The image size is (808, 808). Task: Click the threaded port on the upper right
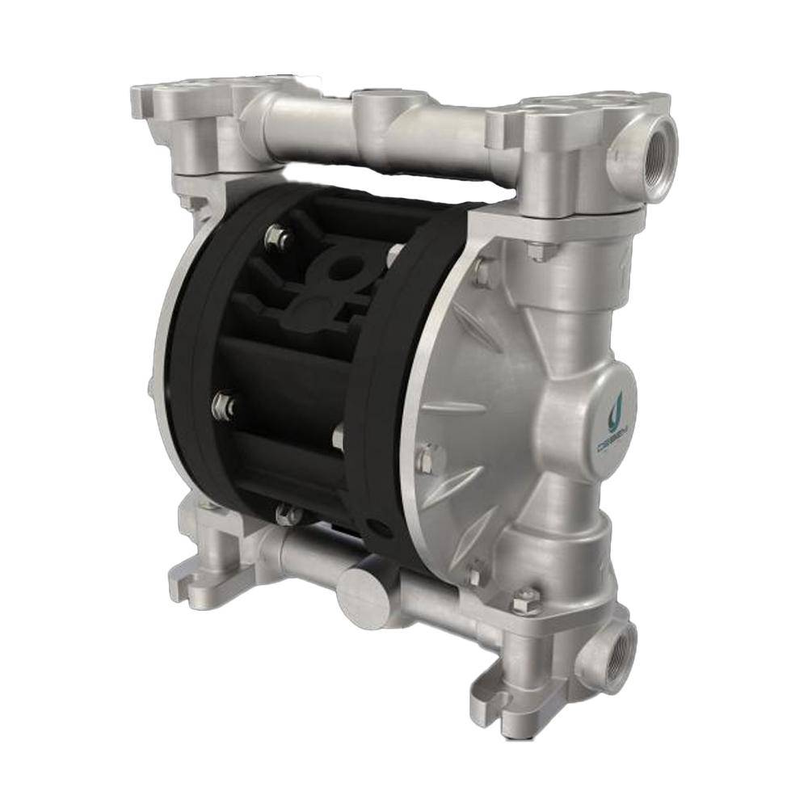click(643, 148)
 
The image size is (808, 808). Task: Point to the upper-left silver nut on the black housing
click(275, 237)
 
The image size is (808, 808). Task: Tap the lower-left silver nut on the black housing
click(222, 404)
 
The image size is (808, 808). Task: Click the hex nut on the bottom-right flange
click(525, 600)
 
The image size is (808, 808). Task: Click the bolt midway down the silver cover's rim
click(427, 458)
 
